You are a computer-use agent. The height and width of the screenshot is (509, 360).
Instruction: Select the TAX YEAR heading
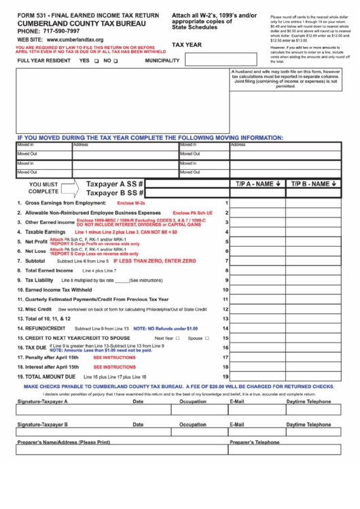pos(187,44)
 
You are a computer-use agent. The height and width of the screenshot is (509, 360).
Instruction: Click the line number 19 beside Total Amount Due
pos(225,376)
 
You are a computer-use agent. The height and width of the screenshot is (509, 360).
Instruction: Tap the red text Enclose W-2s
pos(131,203)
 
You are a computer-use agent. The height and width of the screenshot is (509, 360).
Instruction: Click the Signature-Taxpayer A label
pos(42,402)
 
